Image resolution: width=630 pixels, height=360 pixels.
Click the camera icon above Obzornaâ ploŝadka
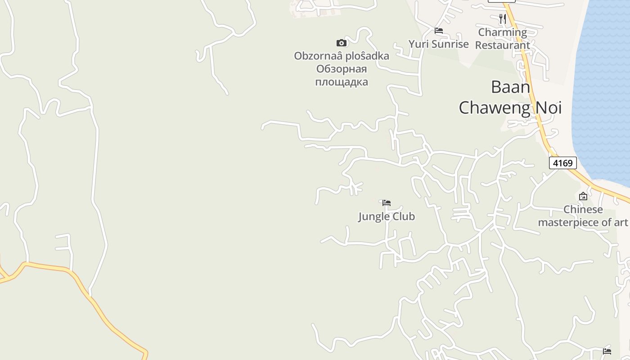(342, 43)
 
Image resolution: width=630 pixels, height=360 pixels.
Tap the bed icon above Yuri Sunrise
(439, 31)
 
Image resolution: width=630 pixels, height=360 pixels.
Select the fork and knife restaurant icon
(503, 19)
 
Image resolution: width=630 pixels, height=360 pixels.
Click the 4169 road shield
(562, 163)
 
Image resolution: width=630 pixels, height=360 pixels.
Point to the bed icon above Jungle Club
(387, 203)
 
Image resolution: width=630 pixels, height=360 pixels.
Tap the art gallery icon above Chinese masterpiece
(583, 196)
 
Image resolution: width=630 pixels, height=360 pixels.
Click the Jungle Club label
(387, 216)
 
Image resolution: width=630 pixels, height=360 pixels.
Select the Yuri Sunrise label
(439, 44)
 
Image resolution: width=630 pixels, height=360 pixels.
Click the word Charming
(503, 32)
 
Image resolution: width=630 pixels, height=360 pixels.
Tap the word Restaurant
(503, 45)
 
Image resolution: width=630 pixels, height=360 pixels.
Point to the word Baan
(510, 87)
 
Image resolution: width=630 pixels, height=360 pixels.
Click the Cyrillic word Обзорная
(342, 69)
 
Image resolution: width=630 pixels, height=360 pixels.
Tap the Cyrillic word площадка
(342, 82)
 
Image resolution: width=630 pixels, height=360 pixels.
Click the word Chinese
(583, 210)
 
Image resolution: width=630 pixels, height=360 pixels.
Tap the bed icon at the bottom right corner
(607, 351)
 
